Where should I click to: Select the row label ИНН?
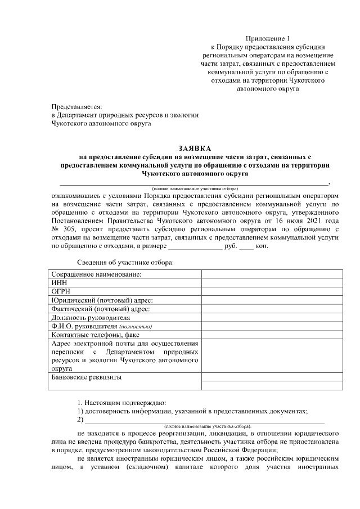coord(58,283)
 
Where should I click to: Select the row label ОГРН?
coord(61,291)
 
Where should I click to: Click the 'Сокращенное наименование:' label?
coord(96,274)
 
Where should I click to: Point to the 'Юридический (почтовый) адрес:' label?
coord(102,300)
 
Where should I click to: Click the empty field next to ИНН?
coord(272,283)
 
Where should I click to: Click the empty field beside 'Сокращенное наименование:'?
coord(272,274)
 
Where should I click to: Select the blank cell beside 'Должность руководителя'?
coord(272,317)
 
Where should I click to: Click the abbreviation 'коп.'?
coord(262,246)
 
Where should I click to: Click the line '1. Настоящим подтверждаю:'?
coord(121,403)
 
